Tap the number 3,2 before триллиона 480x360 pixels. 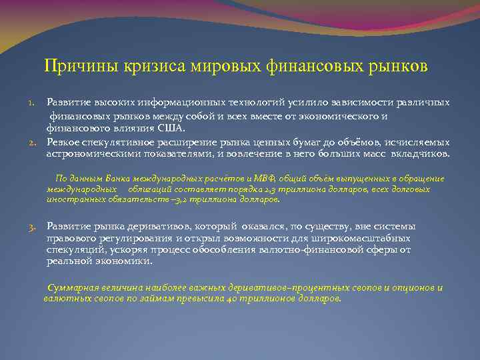181,199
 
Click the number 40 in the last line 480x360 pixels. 230,299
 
